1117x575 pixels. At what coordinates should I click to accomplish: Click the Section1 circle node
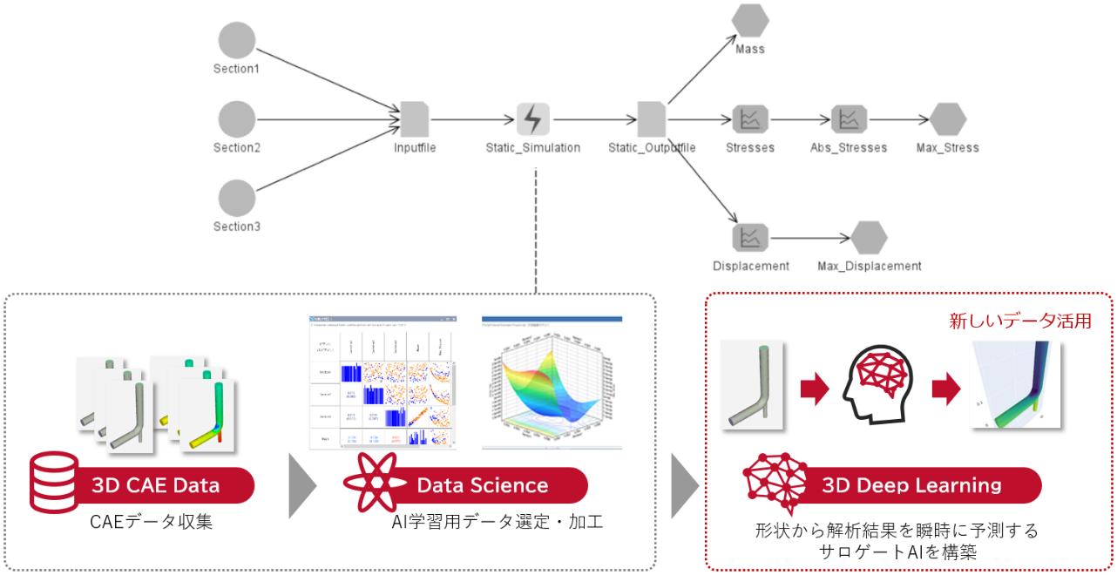237,40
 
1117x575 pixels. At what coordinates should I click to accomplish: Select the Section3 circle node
237,199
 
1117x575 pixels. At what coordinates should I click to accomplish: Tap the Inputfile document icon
414,119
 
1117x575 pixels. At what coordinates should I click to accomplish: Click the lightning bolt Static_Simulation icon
533,119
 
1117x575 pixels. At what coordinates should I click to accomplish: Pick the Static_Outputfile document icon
652,119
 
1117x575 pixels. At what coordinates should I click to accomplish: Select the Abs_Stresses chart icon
849,119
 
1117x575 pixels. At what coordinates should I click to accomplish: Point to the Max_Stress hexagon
948,119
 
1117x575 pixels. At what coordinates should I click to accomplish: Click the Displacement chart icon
750,238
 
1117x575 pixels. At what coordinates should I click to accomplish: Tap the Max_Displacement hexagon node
869,238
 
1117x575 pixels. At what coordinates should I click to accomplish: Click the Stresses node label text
750,148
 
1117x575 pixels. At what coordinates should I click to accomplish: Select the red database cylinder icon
54,481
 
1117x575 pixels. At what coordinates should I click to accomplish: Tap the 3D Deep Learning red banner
911,485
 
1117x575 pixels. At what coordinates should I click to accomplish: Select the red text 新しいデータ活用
1020,321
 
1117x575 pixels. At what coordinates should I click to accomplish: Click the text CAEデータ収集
152,523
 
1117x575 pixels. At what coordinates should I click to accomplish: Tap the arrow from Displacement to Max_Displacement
810,238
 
